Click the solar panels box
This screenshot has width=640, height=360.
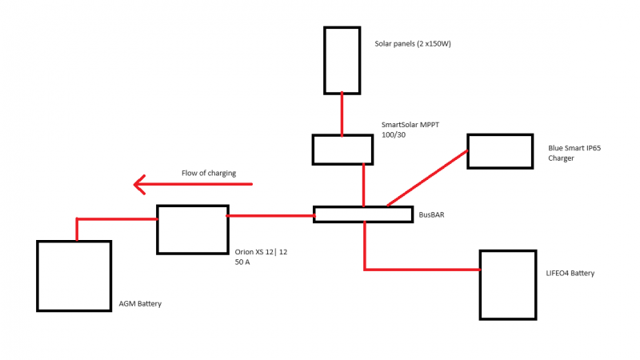[342, 60]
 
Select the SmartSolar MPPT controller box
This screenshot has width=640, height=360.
[342, 149]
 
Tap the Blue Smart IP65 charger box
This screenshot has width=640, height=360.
[499, 151]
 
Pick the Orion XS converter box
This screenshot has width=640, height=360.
[192, 229]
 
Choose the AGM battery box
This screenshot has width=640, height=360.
[74, 276]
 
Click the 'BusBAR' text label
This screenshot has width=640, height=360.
[434, 215]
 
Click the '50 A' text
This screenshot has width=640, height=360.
[243, 262]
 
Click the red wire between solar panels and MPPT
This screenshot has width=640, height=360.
[342, 114]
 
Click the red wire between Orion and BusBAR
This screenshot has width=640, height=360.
[270, 215]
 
